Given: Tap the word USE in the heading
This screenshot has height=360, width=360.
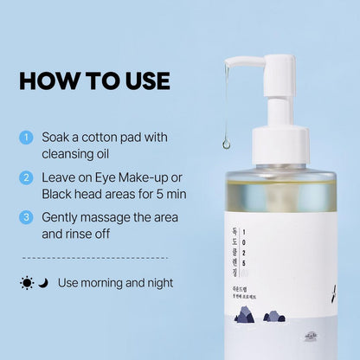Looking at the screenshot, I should coord(140,80).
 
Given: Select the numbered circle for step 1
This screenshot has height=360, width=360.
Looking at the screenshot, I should coord(26,137).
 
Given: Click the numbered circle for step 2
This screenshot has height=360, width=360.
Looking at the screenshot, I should coord(26,177).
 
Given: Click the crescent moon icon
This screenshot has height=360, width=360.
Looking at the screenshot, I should coord(42,283).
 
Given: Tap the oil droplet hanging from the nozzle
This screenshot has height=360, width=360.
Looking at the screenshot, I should coord(227,143).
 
